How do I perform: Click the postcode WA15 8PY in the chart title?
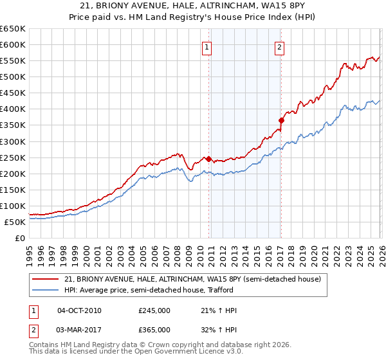[x=277, y=7]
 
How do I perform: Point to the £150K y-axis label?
[x=13, y=190]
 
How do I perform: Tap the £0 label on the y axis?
[x=19, y=239]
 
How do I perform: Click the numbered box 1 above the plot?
[x=207, y=46]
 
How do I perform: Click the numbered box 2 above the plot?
[x=280, y=46]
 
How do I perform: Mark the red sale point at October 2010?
[x=208, y=159]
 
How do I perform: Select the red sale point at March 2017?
[x=281, y=120]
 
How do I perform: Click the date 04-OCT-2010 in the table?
[x=79, y=310]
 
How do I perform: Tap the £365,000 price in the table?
[x=154, y=329]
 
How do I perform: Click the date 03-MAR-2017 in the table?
[x=79, y=329]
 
